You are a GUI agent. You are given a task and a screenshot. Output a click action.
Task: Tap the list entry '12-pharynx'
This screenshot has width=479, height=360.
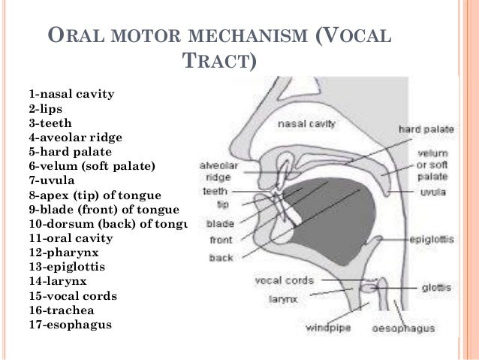(x=65, y=252)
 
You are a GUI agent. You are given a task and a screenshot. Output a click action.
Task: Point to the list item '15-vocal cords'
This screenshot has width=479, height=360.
(x=73, y=295)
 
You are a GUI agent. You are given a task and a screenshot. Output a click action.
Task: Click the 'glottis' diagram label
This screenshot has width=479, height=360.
(x=436, y=287)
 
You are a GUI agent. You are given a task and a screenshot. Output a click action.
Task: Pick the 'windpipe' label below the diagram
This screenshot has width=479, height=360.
(x=328, y=328)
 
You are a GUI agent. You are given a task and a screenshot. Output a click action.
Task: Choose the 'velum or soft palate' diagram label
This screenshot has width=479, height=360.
(x=432, y=163)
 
